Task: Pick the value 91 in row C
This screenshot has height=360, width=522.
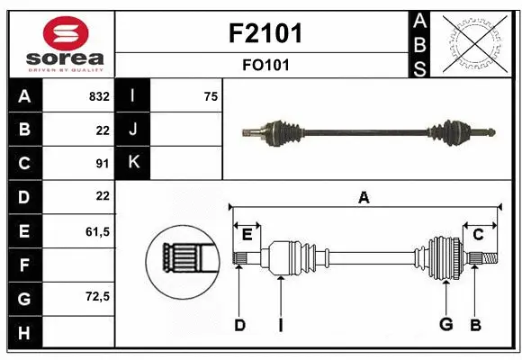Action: point(102,163)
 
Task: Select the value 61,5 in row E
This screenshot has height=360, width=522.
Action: point(96,231)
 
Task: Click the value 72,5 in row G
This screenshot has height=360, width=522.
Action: point(96,296)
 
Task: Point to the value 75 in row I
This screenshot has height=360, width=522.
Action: point(211,95)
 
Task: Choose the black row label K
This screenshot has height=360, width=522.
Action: point(133,163)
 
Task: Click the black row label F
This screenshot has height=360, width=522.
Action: point(24,265)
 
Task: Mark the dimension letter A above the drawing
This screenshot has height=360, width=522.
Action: point(364,198)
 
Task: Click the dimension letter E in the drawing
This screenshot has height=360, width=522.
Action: point(247,234)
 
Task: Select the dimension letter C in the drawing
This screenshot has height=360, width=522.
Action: point(478,234)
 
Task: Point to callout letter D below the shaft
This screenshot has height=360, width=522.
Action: point(239,325)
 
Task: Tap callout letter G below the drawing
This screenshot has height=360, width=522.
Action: point(445,325)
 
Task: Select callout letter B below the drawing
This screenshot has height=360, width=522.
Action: point(476,325)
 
